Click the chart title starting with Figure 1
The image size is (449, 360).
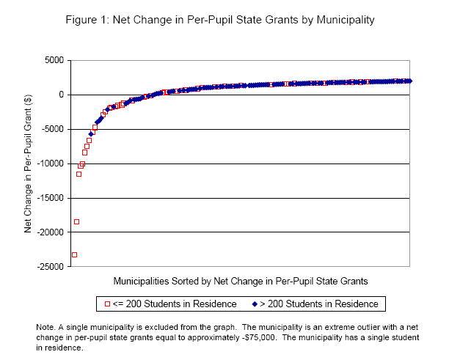point(223,20)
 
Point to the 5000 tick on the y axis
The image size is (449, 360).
point(53,60)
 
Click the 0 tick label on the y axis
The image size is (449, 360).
point(59,95)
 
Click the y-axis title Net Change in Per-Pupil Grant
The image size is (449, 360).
point(29,163)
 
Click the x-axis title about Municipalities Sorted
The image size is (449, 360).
point(240,281)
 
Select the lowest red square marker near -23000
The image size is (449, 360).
point(74,254)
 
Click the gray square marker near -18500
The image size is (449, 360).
point(76,221)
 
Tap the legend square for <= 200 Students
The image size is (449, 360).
point(107,304)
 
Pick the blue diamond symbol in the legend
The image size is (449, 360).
point(254,304)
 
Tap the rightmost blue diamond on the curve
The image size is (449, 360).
point(409,81)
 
